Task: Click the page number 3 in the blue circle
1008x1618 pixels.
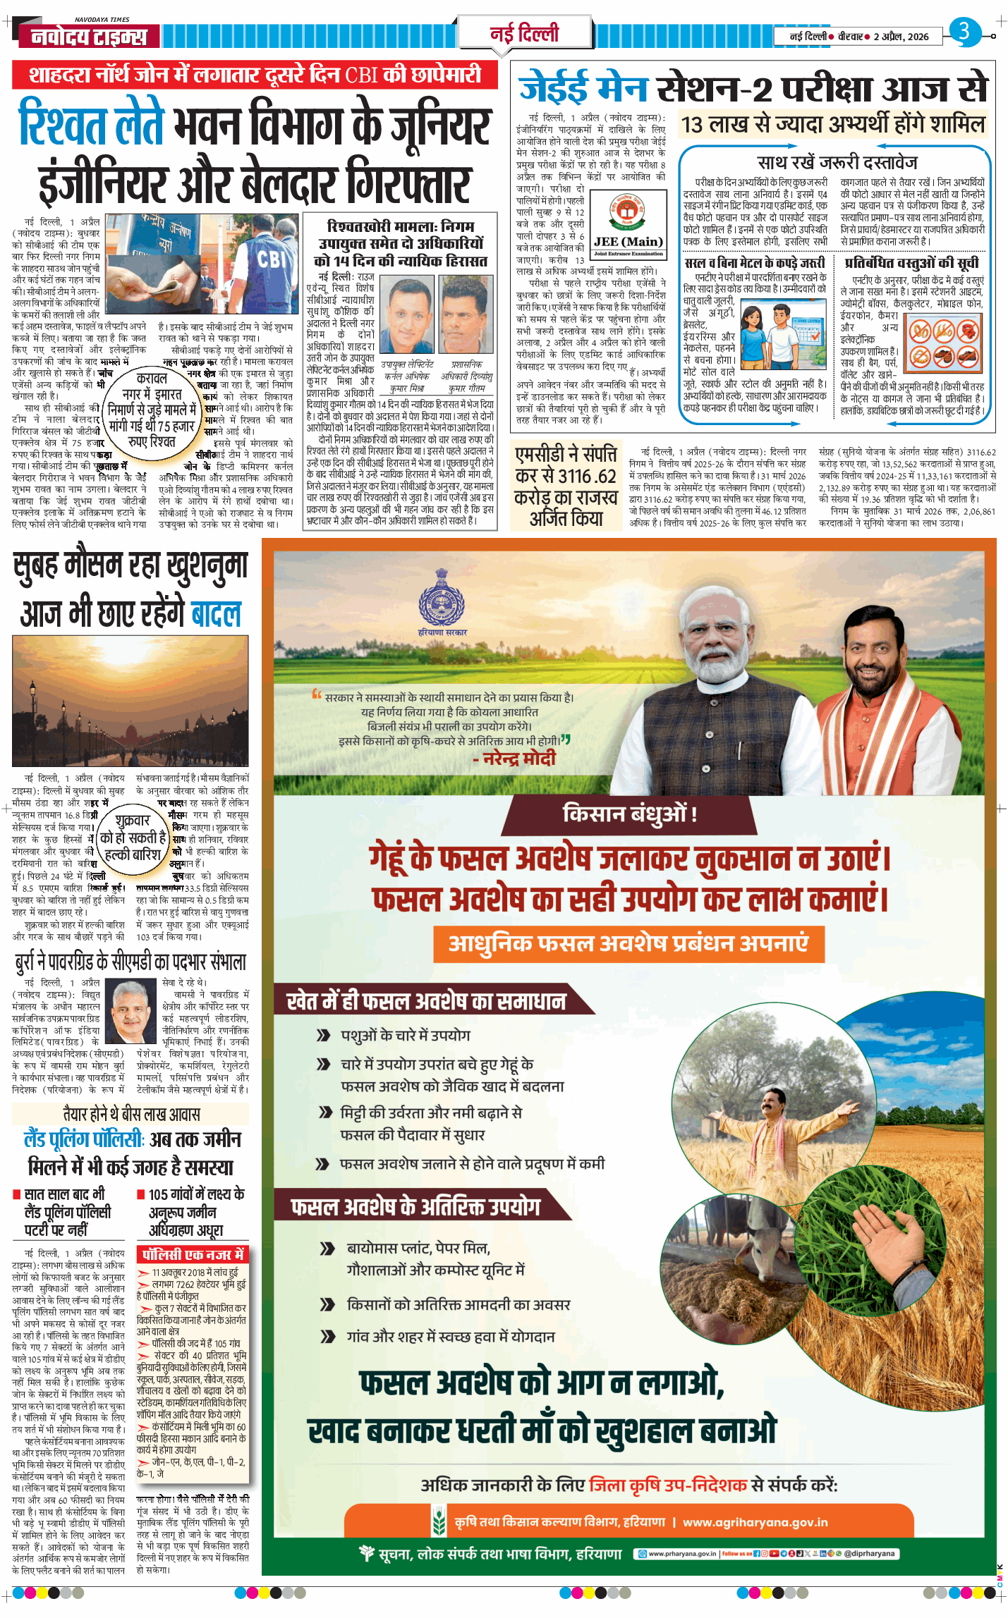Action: pyautogui.click(x=964, y=32)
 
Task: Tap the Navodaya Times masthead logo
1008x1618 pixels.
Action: pyautogui.click(x=90, y=36)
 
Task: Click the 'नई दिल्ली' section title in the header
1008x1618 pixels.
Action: pyautogui.click(x=524, y=33)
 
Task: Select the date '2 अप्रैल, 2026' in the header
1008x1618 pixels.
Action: pyautogui.click(x=901, y=37)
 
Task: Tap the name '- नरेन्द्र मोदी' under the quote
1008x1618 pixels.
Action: pyautogui.click(x=514, y=759)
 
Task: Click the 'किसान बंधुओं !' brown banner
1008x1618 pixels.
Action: pyautogui.click(x=630, y=814)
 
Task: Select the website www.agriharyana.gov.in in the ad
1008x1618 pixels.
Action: pyautogui.click(x=755, y=1522)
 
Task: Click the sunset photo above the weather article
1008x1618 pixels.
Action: pyautogui.click(x=130, y=700)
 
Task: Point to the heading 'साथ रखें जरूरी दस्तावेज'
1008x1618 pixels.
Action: pyautogui.click(x=837, y=163)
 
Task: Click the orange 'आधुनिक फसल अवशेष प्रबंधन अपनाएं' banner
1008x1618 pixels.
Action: pyautogui.click(x=629, y=944)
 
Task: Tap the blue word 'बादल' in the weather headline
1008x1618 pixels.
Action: pyautogui.click(x=217, y=613)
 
